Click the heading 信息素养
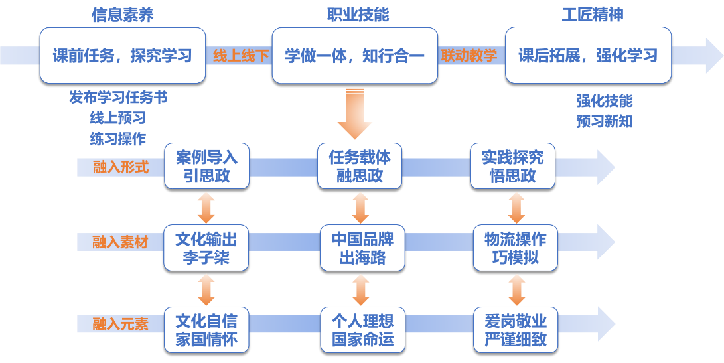point(122,15)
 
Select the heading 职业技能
point(358,15)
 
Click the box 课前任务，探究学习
point(123,55)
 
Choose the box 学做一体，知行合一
point(355,55)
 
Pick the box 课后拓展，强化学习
point(588,55)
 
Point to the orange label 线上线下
point(240,56)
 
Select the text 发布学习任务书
point(118,98)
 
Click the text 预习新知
point(605,121)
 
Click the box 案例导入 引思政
point(206,167)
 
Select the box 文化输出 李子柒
point(206,248)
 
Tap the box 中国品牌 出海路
point(362,248)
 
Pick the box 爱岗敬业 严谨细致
point(516,330)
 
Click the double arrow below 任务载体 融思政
point(360,208)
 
